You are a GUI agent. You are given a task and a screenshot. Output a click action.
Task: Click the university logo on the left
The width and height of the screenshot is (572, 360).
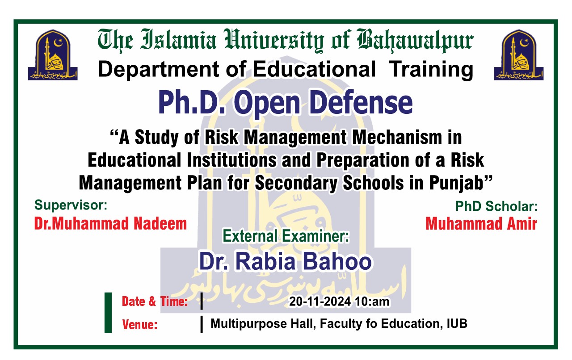coord(52,55)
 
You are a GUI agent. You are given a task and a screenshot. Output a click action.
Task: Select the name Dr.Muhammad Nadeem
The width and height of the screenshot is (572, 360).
coord(110,223)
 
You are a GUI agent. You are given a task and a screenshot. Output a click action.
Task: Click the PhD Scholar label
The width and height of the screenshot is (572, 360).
coord(496,206)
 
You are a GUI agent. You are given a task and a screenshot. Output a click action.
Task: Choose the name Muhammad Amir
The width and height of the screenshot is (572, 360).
coord(481,223)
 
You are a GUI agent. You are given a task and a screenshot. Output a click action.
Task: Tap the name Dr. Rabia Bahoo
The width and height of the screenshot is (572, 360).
coord(285,262)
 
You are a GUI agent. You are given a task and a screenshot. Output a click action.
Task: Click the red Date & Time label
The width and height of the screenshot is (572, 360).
coord(155,302)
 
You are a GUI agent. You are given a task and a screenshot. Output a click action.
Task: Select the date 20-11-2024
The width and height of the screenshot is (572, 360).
coord(320,302)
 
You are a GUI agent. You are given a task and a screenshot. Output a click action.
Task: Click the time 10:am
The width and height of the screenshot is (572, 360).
coord(372,302)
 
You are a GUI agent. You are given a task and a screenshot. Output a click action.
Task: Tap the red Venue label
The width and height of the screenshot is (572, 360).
coord(140,325)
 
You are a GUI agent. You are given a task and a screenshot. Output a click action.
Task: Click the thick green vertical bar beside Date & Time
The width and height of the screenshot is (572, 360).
coord(108,313)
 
